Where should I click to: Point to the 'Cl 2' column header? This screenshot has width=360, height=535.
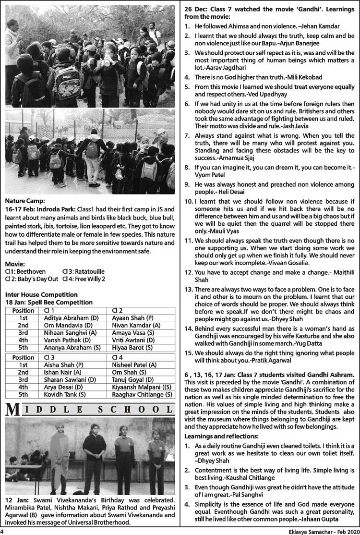pos(117,310)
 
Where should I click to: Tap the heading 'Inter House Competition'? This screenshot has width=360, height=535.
pos(41,294)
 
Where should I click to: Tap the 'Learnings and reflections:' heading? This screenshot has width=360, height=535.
pos(221,436)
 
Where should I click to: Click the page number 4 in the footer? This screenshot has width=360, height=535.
pos(3,531)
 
